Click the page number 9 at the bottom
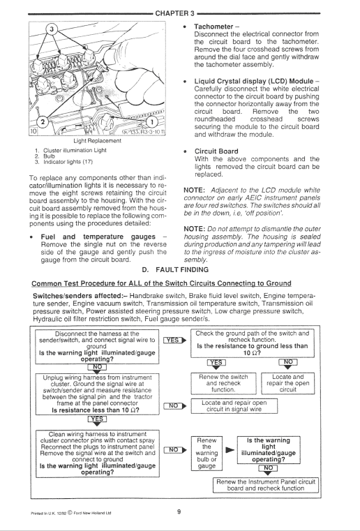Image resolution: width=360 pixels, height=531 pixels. point(179,515)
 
